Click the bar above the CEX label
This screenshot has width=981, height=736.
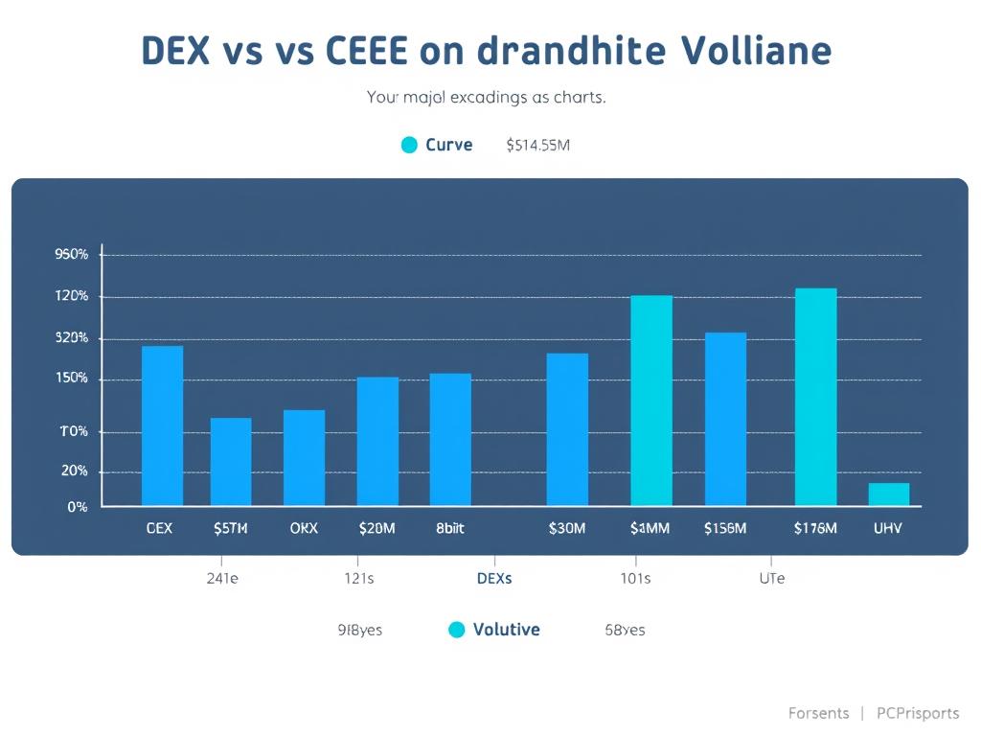point(162,425)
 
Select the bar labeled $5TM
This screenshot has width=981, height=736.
point(231,462)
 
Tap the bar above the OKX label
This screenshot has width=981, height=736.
point(304,458)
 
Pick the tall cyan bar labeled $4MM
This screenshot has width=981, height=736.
point(651,401)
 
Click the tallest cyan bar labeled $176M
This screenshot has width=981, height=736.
point(815,397)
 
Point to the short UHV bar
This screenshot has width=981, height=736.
point(888,494)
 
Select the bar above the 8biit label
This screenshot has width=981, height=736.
point(450,439)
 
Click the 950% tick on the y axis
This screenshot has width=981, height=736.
point(72,255)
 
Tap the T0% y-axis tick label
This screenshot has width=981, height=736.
point(73,431)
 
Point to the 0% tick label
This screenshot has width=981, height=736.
point(78,506)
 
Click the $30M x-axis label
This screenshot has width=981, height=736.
point(567,528)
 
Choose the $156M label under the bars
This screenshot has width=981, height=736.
point(724,528)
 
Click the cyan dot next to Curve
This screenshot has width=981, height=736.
point(409,145)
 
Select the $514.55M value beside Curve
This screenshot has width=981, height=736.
point(538,146)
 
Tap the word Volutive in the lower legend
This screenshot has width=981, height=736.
point(506,630)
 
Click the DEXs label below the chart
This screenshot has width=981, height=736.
point(494,579)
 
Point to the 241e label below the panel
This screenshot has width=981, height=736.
point(222,579)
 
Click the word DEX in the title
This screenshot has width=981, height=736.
point(175,51)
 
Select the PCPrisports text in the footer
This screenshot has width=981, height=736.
point(918,713)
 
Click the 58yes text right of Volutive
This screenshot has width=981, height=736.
point(625,630)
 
